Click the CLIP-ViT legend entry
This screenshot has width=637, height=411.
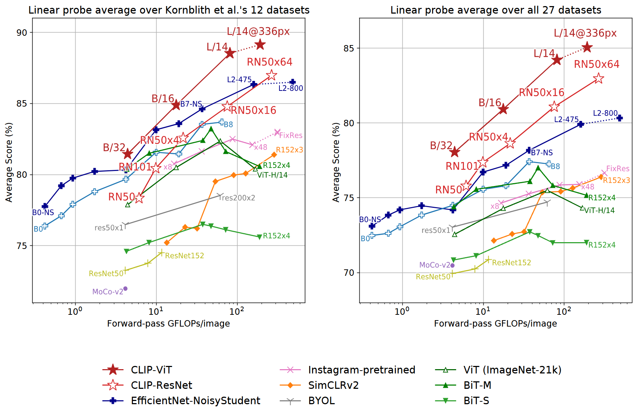click(x=151, y=370)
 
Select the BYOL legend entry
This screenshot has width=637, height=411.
click(x=321, y=401)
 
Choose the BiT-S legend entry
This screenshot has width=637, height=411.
click(x=476, y=401)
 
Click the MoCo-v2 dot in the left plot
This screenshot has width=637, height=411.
click(x=125, y=289)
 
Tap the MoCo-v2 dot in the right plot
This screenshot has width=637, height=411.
click(x=452, y=265)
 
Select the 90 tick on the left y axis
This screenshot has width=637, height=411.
click(x=22, y=33)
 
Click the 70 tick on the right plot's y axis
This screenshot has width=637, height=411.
click(x=349, y=273)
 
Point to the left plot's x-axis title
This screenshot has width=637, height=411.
click(x=168, y=324)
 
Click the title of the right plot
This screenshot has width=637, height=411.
click(x=496, y=10)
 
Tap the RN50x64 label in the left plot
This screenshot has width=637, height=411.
click(x=269, y=62)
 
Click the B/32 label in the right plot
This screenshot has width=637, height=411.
click(x=441, y=146)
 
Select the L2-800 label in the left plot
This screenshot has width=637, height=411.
click(x=291, y=88)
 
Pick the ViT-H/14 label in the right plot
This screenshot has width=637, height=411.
click(x=599, y=210)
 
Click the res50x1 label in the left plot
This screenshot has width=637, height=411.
click(x=109, y=228)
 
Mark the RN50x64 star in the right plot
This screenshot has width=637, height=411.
click(x=598, y=78)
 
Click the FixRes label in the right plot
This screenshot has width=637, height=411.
click(x=618, y=168)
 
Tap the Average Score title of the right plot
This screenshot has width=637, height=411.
click(x=336, y=162)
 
